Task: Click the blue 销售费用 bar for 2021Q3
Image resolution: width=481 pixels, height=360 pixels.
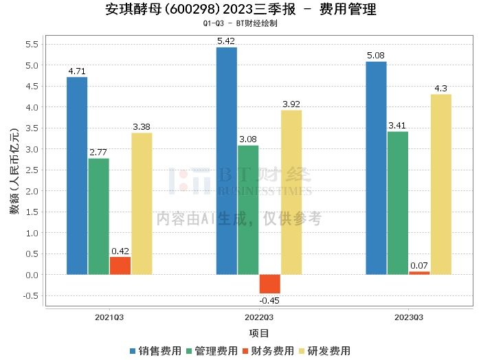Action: (x=77, y=176)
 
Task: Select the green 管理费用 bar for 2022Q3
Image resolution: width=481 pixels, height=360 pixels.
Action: (x=248, y=210)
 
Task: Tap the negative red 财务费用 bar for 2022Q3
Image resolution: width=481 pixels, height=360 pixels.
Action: (x=269, y=284)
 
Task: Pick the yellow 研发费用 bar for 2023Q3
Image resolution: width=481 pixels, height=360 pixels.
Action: (x=441, y=184)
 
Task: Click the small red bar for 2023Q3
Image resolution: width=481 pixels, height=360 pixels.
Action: (x=419, y=273)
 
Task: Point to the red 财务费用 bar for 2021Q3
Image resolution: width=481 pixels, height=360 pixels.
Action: (x=120, y=266)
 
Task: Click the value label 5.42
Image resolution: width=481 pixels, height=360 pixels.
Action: (x=226, y=41)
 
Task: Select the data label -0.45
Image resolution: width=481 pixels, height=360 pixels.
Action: (x=269, y=300)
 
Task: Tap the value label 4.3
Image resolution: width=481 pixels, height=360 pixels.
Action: (x=441, y=88)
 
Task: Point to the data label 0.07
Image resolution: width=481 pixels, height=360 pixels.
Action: (x=419, y=265)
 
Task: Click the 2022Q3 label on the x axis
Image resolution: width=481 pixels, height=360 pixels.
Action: (x=259, y=317)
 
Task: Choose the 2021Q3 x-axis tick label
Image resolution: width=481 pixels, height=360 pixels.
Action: (x=109, y=317)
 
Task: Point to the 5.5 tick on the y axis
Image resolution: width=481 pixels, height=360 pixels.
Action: (x=32, y=45)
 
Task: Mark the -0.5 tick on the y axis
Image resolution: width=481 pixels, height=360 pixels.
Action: (x=30, y=296)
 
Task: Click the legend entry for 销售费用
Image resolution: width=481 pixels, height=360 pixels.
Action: (x=155, y=350)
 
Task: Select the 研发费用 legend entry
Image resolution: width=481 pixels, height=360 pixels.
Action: (x=324, y=350)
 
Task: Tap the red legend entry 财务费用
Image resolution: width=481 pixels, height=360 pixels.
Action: (x=267, y=350)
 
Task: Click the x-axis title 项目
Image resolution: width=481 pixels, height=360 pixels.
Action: (x=259, y=333)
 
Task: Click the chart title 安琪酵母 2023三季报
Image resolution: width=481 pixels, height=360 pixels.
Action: (x=240, y=10)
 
